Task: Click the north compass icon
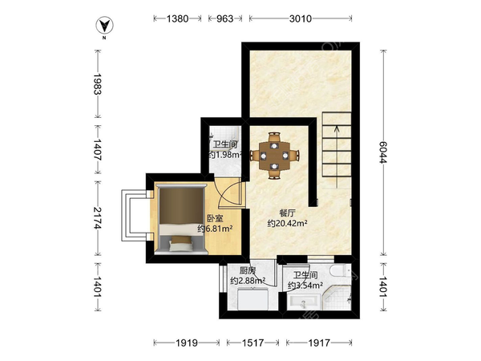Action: coord(104,26)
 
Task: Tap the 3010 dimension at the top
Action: coord(301,18)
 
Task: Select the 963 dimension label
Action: coord(224,18)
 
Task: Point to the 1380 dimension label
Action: coord(177,18)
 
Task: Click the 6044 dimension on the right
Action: coord(383,152)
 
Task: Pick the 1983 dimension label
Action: coord(97,83)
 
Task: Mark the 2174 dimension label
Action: coord(97,218)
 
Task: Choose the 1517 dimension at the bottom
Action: coord(253,343)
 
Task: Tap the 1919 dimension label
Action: coord(187,343)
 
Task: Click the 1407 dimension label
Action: coord(97,149)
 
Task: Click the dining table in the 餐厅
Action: coord(274,156)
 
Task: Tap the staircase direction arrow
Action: coord(337,156)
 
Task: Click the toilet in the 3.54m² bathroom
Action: coord(340,270)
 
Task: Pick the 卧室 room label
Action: coord(215,218)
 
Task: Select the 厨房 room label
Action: coord(247,270)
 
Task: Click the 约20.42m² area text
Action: coord(288,223)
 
